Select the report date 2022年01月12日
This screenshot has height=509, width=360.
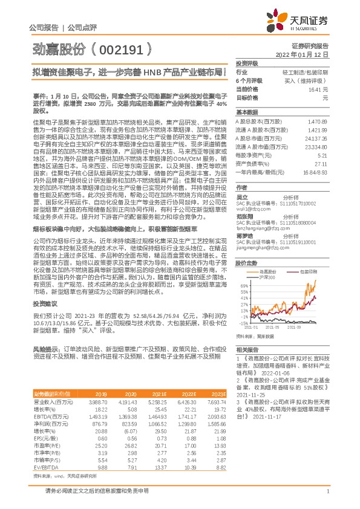(302, 54)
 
